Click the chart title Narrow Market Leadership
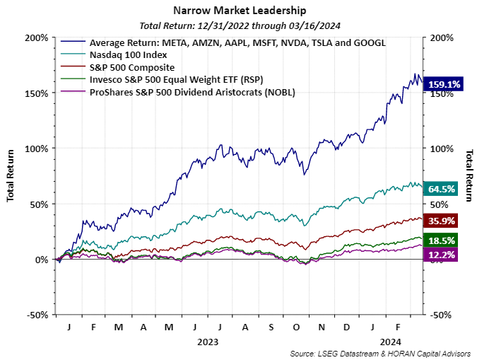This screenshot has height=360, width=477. click(x=238, y=11)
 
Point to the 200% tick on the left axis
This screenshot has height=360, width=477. click(x=36, y=37)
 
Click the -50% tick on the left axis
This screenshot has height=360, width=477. click(x=36, y=315)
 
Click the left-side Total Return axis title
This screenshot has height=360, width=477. click(x=11, y=176)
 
